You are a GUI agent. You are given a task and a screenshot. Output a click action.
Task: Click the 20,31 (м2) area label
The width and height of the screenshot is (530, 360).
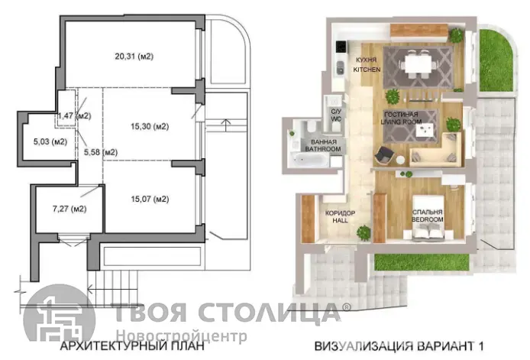click(134, 56)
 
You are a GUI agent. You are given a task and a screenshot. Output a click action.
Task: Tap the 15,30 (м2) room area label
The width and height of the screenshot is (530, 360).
click(150, 127)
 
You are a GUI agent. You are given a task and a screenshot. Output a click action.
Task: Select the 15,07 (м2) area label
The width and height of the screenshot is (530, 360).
click(150, 199)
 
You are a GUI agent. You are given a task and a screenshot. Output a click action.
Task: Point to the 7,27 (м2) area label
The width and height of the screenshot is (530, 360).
click(69, 209)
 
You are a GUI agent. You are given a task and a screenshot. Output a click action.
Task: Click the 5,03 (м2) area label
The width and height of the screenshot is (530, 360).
click(50, 141)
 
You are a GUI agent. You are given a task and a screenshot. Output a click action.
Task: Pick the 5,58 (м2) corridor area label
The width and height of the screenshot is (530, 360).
click(101, 152)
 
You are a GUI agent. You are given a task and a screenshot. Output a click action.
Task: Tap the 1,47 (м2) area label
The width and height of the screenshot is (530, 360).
click(75, 115)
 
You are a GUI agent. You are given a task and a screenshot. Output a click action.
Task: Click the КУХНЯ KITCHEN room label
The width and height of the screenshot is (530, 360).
click(367, 65)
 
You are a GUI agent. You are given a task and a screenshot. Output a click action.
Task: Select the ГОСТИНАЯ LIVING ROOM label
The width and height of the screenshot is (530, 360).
click(401, 118)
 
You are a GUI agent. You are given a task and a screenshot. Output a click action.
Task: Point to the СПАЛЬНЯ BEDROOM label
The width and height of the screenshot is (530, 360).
click(428, 216)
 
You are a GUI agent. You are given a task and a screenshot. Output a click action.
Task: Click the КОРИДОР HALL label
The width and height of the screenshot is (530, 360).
click(340, 217)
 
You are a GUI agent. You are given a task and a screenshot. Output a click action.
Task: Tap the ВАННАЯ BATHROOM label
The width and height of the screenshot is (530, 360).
click(323, 145)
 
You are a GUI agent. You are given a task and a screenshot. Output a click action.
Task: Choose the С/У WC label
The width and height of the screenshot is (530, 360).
click(336, 115)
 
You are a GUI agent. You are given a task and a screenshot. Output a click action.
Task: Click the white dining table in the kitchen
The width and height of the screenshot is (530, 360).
click(418, 63)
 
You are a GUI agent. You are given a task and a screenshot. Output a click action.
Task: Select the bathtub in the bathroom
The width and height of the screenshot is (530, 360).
click(309, 159)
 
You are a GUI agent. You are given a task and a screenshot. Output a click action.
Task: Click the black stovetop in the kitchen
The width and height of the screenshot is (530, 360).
click(341, 47)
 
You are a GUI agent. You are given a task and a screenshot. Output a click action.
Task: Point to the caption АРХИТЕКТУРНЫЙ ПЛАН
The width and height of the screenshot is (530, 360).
click(132, 346)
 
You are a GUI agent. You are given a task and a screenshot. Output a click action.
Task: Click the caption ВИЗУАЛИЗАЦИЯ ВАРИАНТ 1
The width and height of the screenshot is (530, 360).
click(399, 346)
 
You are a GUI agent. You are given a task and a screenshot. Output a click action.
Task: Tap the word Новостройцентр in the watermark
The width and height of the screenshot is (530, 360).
click(182, 336)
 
